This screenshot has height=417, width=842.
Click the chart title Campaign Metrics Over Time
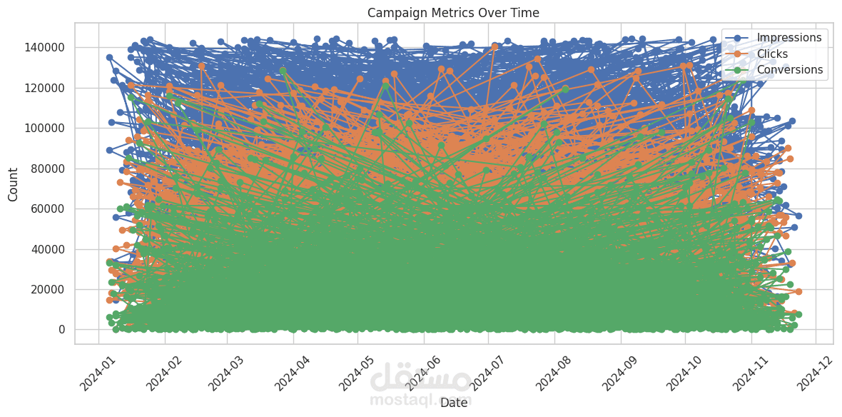click(x=453, y=13)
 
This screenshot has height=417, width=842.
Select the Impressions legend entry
click(x=788, y=37)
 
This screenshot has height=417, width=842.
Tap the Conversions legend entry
click(x=789, y=70)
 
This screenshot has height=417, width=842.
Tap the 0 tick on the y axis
click(x=62, y=330)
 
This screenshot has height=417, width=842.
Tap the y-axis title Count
click(x=14, y=184)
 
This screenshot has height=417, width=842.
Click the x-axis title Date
click(x=454, y=403)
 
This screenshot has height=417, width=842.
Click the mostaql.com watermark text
click(x=421, y=399)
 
